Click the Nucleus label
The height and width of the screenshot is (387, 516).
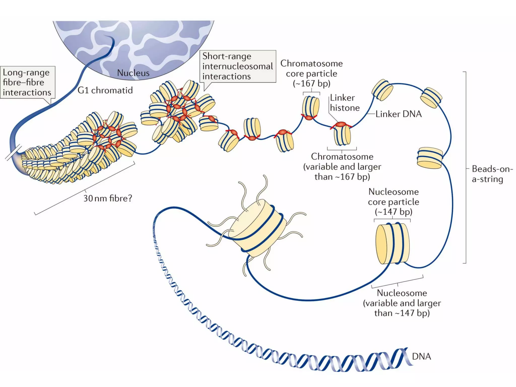tap(133, 73)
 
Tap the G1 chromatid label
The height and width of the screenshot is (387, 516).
tap(105, 90)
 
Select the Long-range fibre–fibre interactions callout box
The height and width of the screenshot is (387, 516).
tap(27, 82)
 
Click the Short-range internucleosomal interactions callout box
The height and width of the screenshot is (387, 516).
tap(238, 66)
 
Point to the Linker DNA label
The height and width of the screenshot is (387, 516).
tap(398, 114)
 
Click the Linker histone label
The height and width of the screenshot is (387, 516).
tap(344, 103)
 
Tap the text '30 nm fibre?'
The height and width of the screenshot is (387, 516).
tap(108, 199)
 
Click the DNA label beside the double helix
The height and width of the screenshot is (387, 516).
tap(421, 357)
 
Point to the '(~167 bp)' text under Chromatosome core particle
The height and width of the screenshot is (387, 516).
tap(311, 83)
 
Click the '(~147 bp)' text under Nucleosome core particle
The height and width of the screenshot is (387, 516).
tap(393, 212)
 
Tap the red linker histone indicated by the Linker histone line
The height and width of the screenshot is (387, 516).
tap(341, 124)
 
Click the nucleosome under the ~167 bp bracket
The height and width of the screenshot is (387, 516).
tap(310, 107)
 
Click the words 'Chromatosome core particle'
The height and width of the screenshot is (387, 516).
tap(311, 69)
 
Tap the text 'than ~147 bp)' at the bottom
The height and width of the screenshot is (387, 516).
tap(402, 313)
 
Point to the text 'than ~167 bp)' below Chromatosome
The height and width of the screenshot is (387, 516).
tap(342, 177)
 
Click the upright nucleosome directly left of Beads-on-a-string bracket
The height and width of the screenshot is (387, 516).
tap(430, 158)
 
